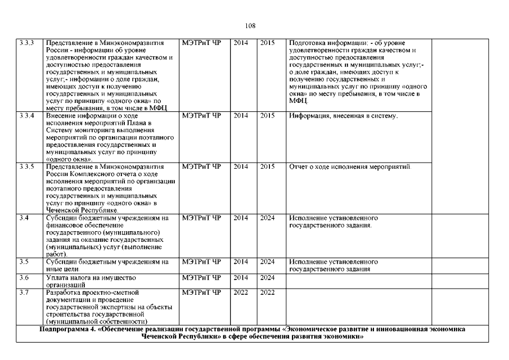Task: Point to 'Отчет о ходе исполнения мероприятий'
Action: pyautogui.click(x=350, y=167)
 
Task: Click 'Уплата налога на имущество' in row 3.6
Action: pyautogui.click(x=90, y=277)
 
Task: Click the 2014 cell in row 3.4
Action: pyautogui.click(x=241, y=218)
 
